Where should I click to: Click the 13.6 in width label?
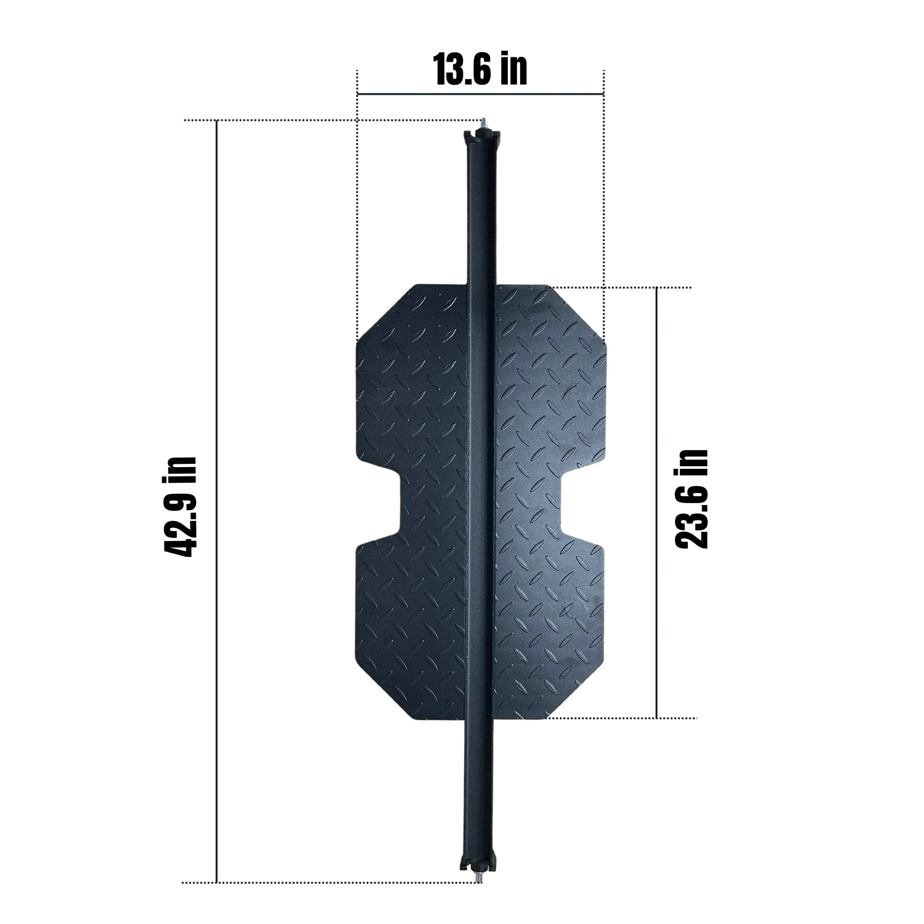[x=480, y=70]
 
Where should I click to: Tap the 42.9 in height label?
[x=180, y=507]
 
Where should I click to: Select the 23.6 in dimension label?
[x=691, y=499]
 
